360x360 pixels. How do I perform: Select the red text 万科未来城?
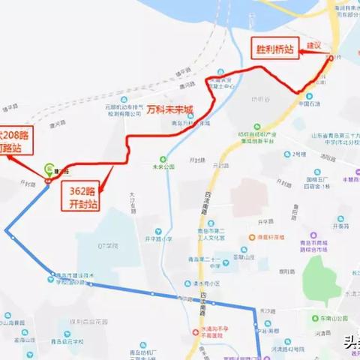169,109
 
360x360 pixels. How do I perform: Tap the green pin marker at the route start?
49,169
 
